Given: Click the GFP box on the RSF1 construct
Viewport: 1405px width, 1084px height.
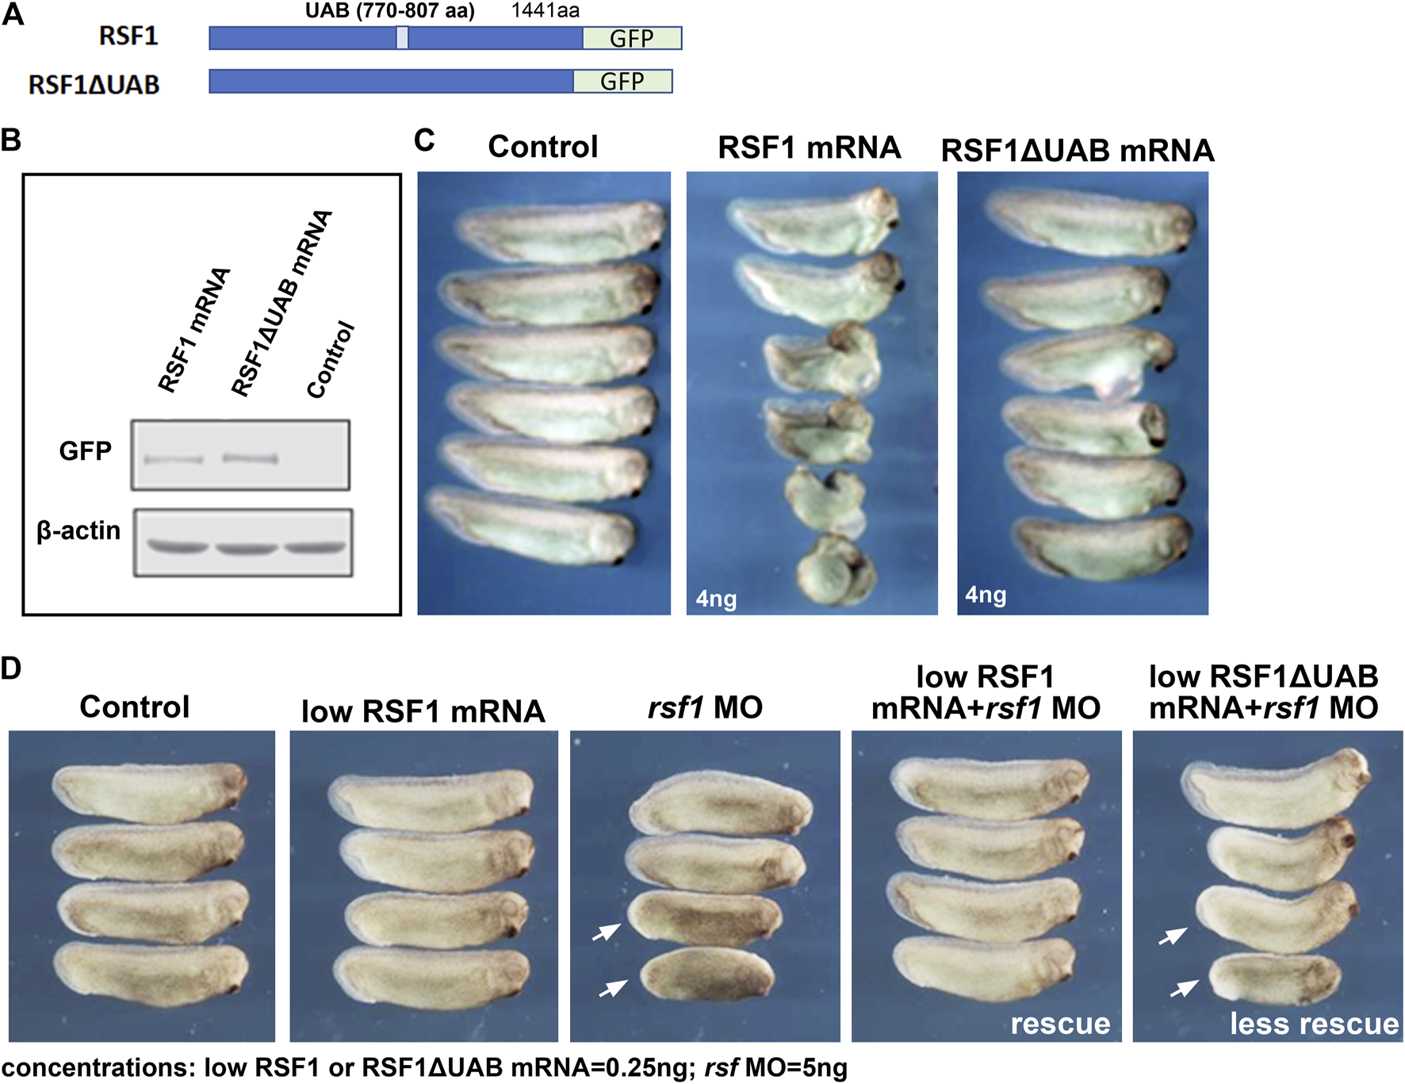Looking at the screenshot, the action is [x=632, y=38].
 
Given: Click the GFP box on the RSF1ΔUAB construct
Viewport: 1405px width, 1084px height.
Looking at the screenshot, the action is [x=622, y=81].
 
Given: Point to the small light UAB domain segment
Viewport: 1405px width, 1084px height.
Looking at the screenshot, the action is [x=403, y=38].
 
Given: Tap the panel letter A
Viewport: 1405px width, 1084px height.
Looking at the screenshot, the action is [x=13, y=14].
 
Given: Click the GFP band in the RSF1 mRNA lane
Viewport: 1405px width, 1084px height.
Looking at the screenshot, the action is [x=173, y=459].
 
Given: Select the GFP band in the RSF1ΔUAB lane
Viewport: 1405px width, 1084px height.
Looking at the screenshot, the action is [x=250, y=458].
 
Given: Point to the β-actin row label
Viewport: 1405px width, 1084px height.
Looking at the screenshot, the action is [x=78, y=531].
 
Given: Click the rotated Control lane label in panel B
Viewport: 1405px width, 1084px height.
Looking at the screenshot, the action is [x=331, y=360].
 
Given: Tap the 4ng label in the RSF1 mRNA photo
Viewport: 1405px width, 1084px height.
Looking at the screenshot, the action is [x=716, y=598].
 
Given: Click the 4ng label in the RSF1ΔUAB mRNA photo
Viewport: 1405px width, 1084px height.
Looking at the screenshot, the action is [x=986, y=595].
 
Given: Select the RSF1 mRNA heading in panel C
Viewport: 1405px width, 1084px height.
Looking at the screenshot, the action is [x=809, y=147].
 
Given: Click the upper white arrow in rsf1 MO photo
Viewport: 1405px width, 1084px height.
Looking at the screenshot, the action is [x=607, y=933].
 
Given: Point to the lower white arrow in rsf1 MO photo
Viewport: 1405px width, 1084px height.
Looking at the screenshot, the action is [x=613, y=988].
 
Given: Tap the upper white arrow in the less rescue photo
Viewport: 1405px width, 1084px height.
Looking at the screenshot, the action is [x=1173, y=937].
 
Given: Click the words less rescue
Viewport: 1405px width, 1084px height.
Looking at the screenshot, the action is [x=1314, y=1024].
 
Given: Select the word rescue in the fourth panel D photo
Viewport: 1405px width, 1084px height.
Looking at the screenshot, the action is [x=1060, y=1024].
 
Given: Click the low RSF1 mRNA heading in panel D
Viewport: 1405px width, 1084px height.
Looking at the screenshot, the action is [x=423, y=711].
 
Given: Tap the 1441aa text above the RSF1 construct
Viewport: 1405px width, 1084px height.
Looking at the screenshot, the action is [x=546, y=11].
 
